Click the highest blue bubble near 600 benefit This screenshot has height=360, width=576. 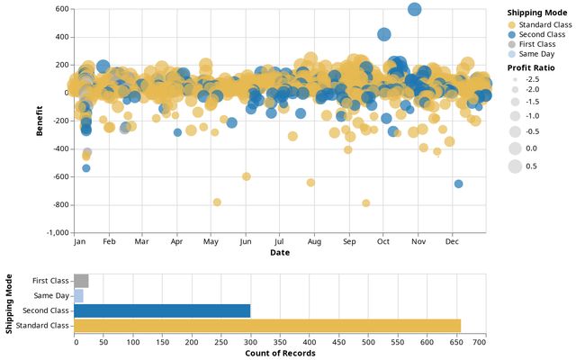pos(415,9)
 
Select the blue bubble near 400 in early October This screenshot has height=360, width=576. pos(384,34)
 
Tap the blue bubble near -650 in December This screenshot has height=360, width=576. pos(459,184)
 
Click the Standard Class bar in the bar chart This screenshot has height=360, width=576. pos(267,325)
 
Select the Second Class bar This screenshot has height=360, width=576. pos(162,310)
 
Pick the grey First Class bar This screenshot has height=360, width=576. pos(81,281)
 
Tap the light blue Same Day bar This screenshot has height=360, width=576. pos(78,295)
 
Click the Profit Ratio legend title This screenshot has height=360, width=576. pos(532,68)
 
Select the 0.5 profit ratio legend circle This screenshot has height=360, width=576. pos(515,166)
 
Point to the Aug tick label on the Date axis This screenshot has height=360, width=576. pos(315,242)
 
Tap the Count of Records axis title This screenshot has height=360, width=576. pos(280,353)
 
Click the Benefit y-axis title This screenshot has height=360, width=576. pos(40,121)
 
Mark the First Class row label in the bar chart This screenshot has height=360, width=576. pos(50,281)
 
